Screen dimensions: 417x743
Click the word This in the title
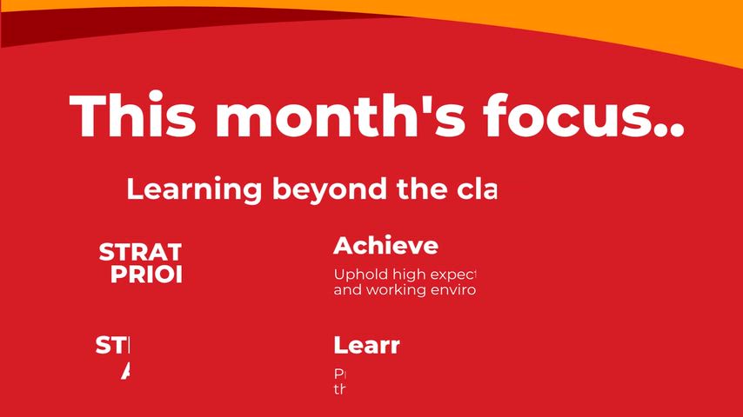point(131,116)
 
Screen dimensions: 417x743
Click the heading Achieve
point(385,245)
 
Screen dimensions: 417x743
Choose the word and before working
point(346,289)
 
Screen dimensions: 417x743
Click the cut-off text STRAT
point(140,252)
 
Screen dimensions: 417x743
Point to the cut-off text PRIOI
point(146,275)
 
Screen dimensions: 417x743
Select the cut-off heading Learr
point(366,346)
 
